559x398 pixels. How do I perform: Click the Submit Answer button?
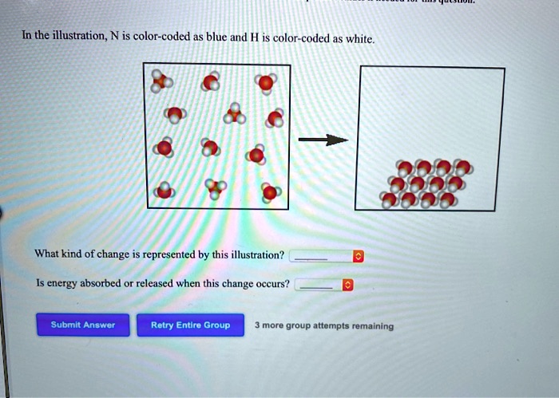82,325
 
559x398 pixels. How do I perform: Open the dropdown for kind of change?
358,256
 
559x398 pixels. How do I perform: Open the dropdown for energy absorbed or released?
347,285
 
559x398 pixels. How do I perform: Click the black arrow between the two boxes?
323,140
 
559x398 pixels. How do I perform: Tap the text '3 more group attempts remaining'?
323,325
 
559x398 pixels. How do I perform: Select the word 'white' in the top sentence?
356,39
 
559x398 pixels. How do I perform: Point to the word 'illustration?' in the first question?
256,255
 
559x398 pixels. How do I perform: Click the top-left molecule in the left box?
163,81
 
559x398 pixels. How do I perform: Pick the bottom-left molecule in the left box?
165,191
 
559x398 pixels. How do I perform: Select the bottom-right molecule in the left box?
272,192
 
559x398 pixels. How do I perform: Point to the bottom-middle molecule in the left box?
216,190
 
